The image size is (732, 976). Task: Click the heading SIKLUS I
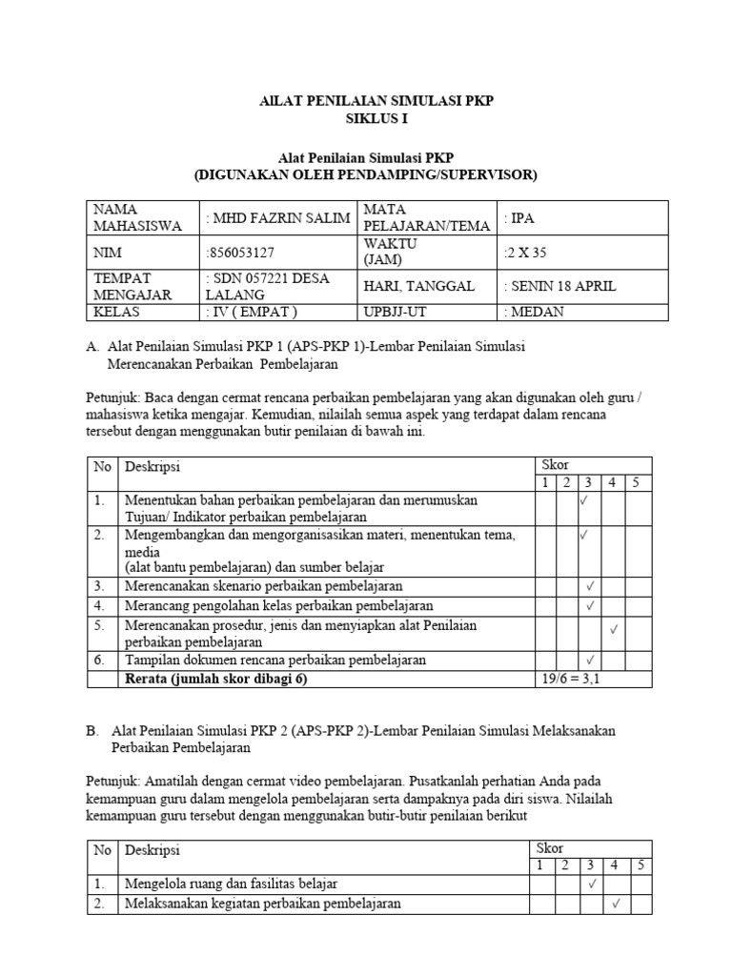tap(365, 118)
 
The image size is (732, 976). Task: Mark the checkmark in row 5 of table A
tap(615, 629)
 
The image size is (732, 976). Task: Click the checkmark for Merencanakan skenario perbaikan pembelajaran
tap(591, 586)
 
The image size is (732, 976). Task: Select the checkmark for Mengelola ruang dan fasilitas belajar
tap(591, 884)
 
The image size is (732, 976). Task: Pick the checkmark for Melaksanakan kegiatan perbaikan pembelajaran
tap(616, 904)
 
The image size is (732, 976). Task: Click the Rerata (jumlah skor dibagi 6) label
tap(216, 679)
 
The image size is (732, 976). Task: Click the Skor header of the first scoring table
tap(555, 465)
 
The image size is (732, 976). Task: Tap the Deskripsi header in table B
tap(152, 849)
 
